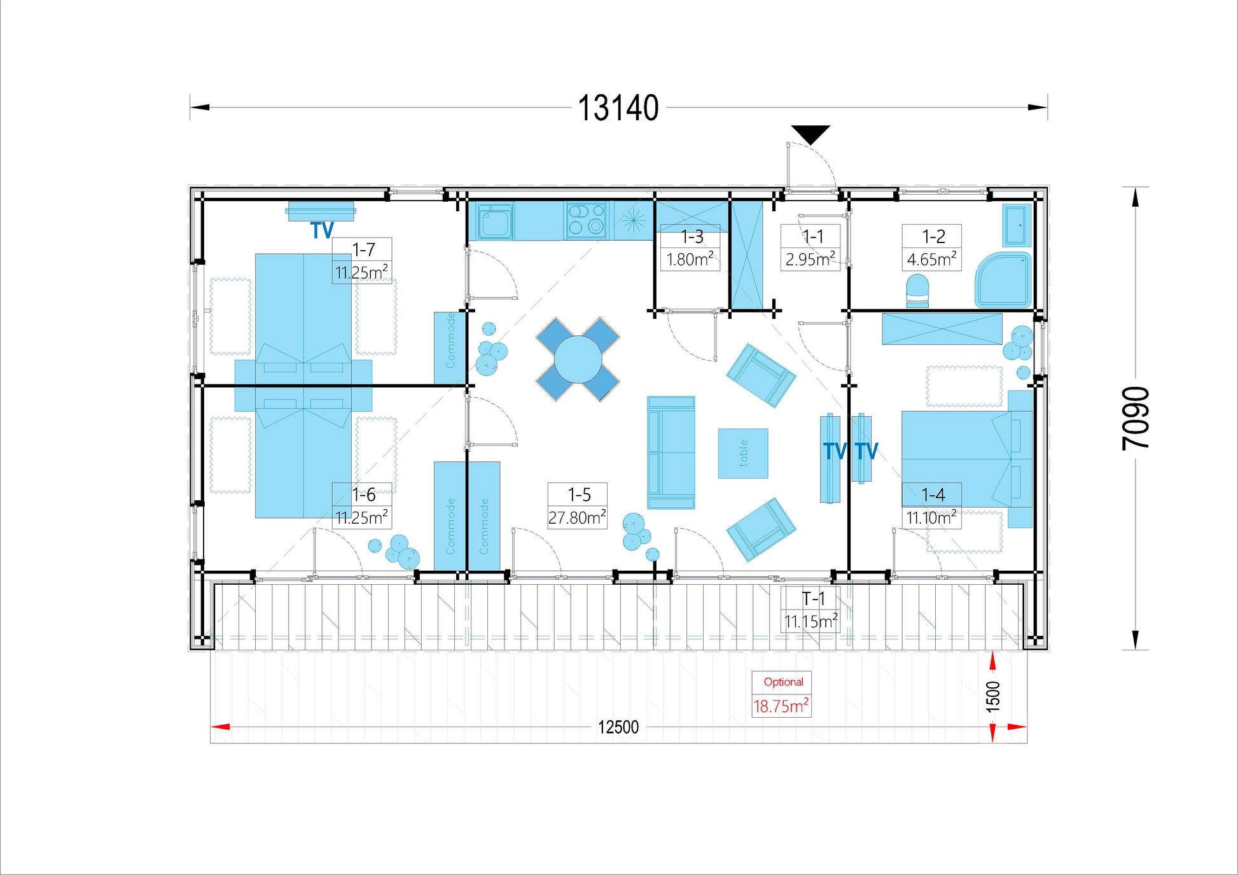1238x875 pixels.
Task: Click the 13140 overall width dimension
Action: click(618, 108)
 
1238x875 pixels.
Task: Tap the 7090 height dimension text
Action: click(1136, 418)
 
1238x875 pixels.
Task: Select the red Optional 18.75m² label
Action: click(781, 694)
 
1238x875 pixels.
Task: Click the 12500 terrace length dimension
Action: click(618, 727)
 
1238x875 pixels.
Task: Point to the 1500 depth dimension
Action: click(993, 696)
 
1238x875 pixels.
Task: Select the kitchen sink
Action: click(496, 221)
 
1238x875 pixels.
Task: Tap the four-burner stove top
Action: click(586, 220)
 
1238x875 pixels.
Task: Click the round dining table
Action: click(578, 360)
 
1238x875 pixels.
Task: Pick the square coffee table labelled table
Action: click(743, 453)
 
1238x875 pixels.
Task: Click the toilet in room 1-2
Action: click(917, 291)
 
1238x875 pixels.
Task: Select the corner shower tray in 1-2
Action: click(1003, 280)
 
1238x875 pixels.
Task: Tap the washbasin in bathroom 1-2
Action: click(1016, 225)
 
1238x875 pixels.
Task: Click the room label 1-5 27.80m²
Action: click(578, 506)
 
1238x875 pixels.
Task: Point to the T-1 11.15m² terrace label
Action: click(810, 610)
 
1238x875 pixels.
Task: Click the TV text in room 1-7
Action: click(322, 230)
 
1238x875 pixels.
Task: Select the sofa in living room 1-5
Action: click(671, 452)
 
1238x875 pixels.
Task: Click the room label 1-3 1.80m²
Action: click(690, 248)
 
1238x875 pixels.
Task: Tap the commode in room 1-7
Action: click(450, 348)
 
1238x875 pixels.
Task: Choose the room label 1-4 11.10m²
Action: click(931, 506)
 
